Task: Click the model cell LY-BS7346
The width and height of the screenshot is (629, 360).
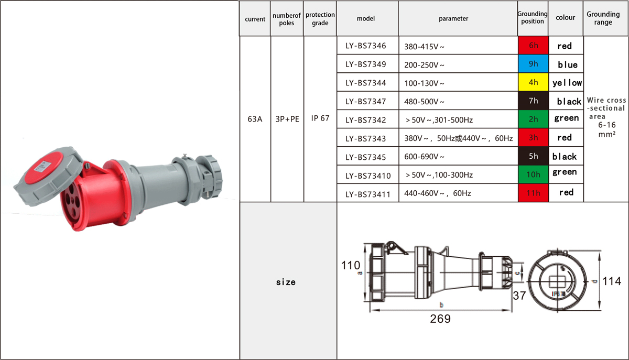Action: pyautogui.click(x=366, y=46)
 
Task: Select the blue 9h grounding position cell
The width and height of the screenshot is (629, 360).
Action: pyautogui.click(x=533, y=64)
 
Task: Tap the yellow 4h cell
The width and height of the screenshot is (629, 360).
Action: pyautogui.click(x=533, y=82)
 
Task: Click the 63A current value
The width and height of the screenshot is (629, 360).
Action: pyautogui.click(x=255, y=119)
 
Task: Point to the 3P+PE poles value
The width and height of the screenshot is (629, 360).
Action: pyautogui.click(x=287, y=119)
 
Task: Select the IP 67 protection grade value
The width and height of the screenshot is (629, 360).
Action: pyautogui.click(x=320, y=118)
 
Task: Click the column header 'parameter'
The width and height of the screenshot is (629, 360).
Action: pyautogui.click(x=453, y=18)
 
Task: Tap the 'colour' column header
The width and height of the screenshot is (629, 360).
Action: pyautogui.click(x=565, y=17)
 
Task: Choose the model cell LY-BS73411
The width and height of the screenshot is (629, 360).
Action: pyautogui.click(x=368, y=194)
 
